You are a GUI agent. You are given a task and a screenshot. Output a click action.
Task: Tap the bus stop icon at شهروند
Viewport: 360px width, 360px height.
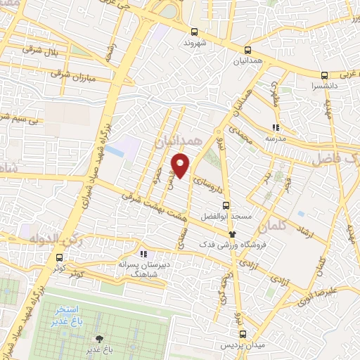(x=195, y=31)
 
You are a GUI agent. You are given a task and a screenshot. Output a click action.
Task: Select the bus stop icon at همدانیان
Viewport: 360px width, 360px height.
(x=247, y=50)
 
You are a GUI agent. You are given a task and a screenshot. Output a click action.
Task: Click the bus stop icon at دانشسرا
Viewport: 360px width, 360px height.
(x=324, y=75)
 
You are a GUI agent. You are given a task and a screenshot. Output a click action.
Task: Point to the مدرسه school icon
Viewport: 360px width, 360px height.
(x=275, y=128)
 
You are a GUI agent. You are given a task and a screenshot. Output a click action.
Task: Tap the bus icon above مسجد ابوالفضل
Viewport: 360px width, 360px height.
(x=225, y=205)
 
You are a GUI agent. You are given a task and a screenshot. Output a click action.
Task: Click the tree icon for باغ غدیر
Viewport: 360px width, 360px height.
(x=99, y=339)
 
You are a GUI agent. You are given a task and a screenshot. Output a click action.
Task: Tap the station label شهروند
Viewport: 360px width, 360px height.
(x=198, y=42)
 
